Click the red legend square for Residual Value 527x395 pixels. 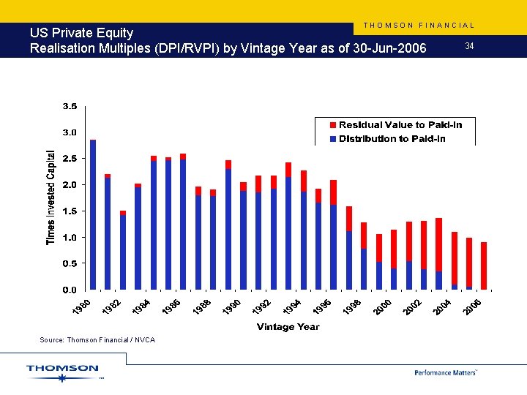click(333, 125)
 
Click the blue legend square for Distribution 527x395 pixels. click(333, 139)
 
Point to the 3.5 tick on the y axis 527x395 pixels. click(69, 107)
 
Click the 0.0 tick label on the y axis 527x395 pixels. click(69, 290)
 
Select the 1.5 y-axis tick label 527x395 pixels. click(69, 211)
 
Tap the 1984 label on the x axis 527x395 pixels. click(142, 309)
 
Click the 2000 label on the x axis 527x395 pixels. click(382, 309)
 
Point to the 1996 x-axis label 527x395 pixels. click(322, 309)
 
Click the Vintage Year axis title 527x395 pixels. click(288, 327)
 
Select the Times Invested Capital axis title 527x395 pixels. click(51, 198)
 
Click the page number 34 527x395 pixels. click(469, 47)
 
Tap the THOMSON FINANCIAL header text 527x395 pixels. click(419, 26)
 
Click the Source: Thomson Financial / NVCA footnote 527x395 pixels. click(97, 340)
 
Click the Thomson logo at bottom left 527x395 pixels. click(62, 372)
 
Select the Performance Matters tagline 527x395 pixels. click(445, 372)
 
